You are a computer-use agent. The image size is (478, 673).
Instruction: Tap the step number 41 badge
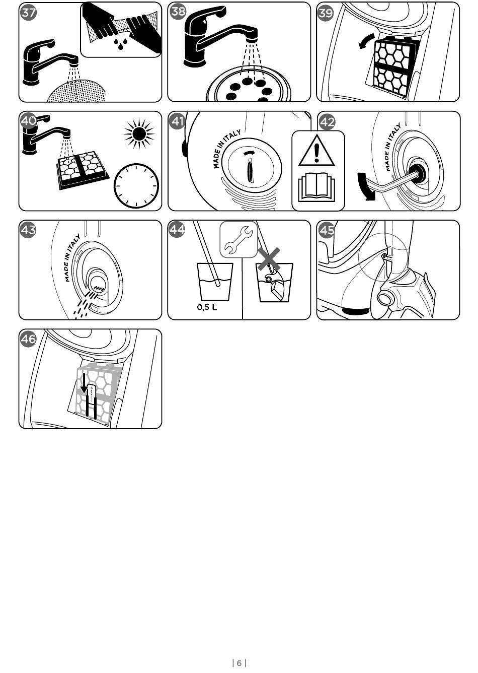click(x=178, y=121)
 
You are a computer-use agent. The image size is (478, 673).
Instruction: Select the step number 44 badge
click(x=177, y=230)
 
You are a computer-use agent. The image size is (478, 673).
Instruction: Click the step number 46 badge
click(x=29, y=339)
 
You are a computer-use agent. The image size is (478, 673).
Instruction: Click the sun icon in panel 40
click(x=139, y=133)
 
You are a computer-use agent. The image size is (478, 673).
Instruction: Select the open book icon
click(x=316, y=187)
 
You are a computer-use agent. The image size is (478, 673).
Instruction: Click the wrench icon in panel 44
click(x=238, y=240)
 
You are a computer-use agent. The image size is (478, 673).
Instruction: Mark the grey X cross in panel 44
click(x=269, y=259)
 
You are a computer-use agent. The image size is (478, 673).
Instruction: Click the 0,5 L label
click(x=207, y=307)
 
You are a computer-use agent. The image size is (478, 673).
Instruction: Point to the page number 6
click(x=239, y=663)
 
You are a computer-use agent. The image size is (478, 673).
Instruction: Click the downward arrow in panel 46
click(x=84, y=384)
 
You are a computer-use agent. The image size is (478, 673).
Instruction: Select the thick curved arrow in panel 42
click(x=366, y=186)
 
